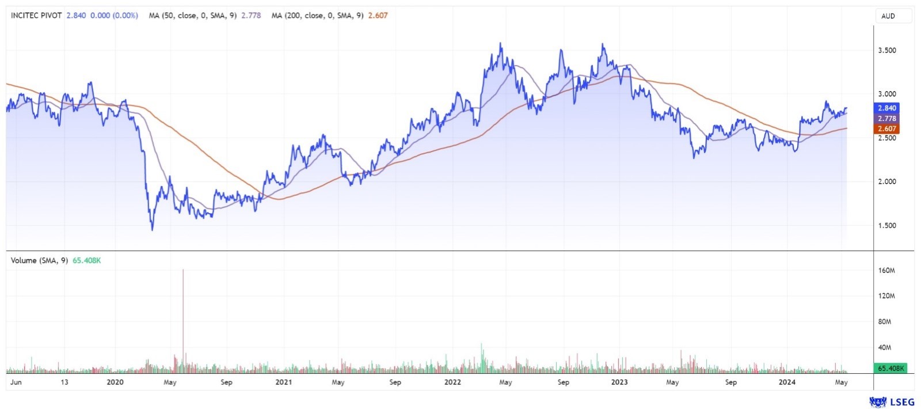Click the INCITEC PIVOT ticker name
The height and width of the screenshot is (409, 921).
(x=36, y=16)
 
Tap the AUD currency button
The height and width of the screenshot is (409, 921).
(x=888, y=16)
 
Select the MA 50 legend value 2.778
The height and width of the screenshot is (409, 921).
(x=251, y=16)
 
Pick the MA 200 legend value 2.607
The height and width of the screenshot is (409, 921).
(x=378, y=16)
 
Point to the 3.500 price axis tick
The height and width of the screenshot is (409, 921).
(x=886, y=51)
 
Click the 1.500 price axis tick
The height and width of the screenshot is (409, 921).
(x=886, y=226)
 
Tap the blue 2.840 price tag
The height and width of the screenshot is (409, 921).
(x=886, y=108)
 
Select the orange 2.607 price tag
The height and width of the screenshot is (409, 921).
(x=886, y=129)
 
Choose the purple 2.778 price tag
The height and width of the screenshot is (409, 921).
(x=886, y=119)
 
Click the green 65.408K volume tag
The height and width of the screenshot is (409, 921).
(x=890, y=368)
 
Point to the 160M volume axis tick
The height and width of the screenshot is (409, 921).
(x=886, y=271)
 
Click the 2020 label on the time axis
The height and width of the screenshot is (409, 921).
(x=115, y=382)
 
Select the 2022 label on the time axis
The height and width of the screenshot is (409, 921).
(x=452, y=382)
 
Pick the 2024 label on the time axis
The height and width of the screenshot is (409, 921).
(x=787, y=382)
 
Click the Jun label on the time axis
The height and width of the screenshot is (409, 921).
(x=16, y=382)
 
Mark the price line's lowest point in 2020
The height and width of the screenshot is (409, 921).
(x=153, y=230)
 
